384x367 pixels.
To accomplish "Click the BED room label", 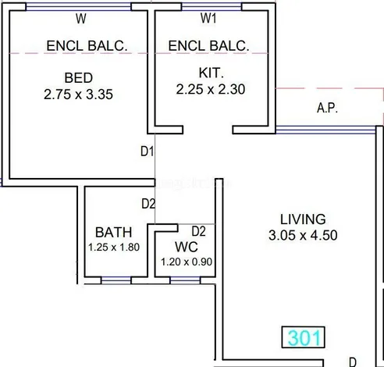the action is click(79, 78).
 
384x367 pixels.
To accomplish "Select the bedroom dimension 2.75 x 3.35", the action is click(78, 94).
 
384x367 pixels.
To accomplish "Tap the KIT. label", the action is click(211, 73).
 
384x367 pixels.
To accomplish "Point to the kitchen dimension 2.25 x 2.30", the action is click(211, 89).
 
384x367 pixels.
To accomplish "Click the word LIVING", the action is click(303, 219).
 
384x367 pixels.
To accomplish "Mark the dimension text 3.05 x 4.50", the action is click(303, 235).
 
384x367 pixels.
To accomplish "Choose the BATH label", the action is click(114, 233).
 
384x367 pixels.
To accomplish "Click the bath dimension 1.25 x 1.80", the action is click(114, 248).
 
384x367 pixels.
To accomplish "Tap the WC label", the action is click(187, 247).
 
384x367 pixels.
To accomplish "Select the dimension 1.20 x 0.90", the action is click(187, 262).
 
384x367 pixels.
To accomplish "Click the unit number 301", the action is click(304, 337).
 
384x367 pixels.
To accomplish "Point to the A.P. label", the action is click(327, 108).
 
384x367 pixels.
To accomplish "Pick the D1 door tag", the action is click(147, 151).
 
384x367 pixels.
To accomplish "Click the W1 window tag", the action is click(208, 18).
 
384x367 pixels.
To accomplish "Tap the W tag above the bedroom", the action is click(81, 19).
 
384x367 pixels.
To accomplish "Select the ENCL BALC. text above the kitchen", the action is click(208, 46).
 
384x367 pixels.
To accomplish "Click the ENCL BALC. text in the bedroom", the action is click(87, 46).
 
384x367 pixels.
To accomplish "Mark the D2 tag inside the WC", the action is click(198, 231).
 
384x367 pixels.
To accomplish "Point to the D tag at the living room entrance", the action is click(353, 362).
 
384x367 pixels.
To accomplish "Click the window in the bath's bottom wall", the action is click(116, 280).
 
